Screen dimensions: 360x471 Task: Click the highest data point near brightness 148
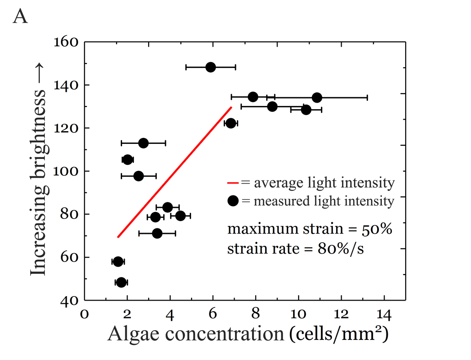coord(210,67)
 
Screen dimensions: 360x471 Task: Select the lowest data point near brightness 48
coord(121,282)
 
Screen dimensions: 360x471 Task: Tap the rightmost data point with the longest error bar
coord(317,97)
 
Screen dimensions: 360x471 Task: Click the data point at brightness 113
coord(143,143)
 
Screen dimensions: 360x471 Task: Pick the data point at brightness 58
coord(118,262)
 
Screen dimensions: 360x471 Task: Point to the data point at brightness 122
coord(231,123)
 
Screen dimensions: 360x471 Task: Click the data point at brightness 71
coord(157,233)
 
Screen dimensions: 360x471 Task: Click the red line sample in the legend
coord(233,184)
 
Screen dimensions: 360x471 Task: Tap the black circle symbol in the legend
coord(233,201)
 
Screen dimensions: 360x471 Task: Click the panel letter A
coord(21,17)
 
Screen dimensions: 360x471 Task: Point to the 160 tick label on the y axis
coord(67,42)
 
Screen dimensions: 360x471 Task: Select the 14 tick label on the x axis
coord(384,315)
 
